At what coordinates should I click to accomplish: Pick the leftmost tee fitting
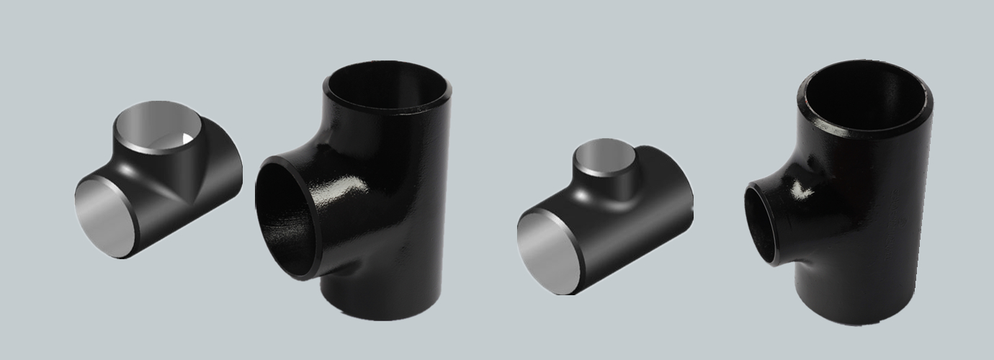pos(158,180)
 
